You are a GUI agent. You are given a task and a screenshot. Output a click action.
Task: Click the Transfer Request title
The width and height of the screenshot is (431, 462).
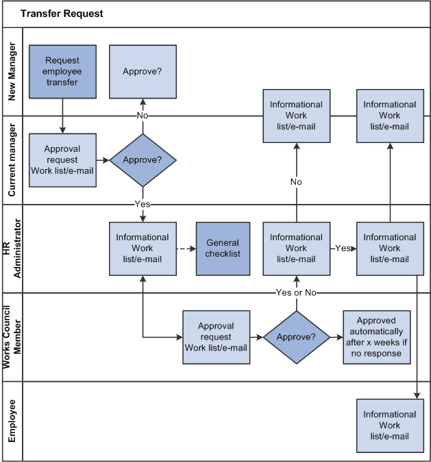tap(62, 14)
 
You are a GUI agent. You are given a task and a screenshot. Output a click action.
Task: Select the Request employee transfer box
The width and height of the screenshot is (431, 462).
tap(62, 71)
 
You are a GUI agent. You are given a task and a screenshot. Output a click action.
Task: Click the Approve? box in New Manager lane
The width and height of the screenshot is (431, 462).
tap(143, 71)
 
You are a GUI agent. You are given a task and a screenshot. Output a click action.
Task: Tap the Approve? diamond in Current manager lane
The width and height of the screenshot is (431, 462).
tap(143, 160)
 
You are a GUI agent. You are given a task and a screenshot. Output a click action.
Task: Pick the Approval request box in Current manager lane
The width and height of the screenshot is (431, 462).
tap(62, 160)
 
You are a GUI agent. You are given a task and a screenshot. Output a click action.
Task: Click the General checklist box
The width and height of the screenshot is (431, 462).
tap(223, 248)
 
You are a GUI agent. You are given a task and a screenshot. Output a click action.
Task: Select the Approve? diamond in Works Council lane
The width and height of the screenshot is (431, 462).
tap(296, 337)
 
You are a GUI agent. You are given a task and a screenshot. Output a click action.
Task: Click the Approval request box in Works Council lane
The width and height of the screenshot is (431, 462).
tap(216, 337)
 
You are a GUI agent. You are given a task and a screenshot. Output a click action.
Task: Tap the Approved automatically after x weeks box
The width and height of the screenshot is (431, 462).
tap(376, 337)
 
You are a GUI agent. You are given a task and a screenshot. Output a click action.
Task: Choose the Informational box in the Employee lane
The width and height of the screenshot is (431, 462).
tap(389, 425)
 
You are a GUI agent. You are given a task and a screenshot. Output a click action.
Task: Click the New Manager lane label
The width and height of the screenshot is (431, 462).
tap(12, 72)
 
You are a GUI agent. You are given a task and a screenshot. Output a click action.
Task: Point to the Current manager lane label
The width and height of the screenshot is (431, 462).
tap(12, 160)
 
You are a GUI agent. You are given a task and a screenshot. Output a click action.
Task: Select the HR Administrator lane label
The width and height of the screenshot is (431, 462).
tap(12, 248)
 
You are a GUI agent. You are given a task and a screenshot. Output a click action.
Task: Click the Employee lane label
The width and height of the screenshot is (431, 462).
tap(12, 425)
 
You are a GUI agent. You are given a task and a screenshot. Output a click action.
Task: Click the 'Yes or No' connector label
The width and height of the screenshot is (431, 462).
tap(296, 293)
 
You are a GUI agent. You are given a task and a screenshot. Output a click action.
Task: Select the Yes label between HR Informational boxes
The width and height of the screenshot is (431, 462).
tap(342, 248)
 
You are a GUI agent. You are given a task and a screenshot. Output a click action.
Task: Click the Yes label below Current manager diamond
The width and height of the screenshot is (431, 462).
tap(143, 204)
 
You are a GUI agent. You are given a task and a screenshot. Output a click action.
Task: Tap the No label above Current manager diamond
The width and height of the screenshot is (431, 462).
tap(143, 116)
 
